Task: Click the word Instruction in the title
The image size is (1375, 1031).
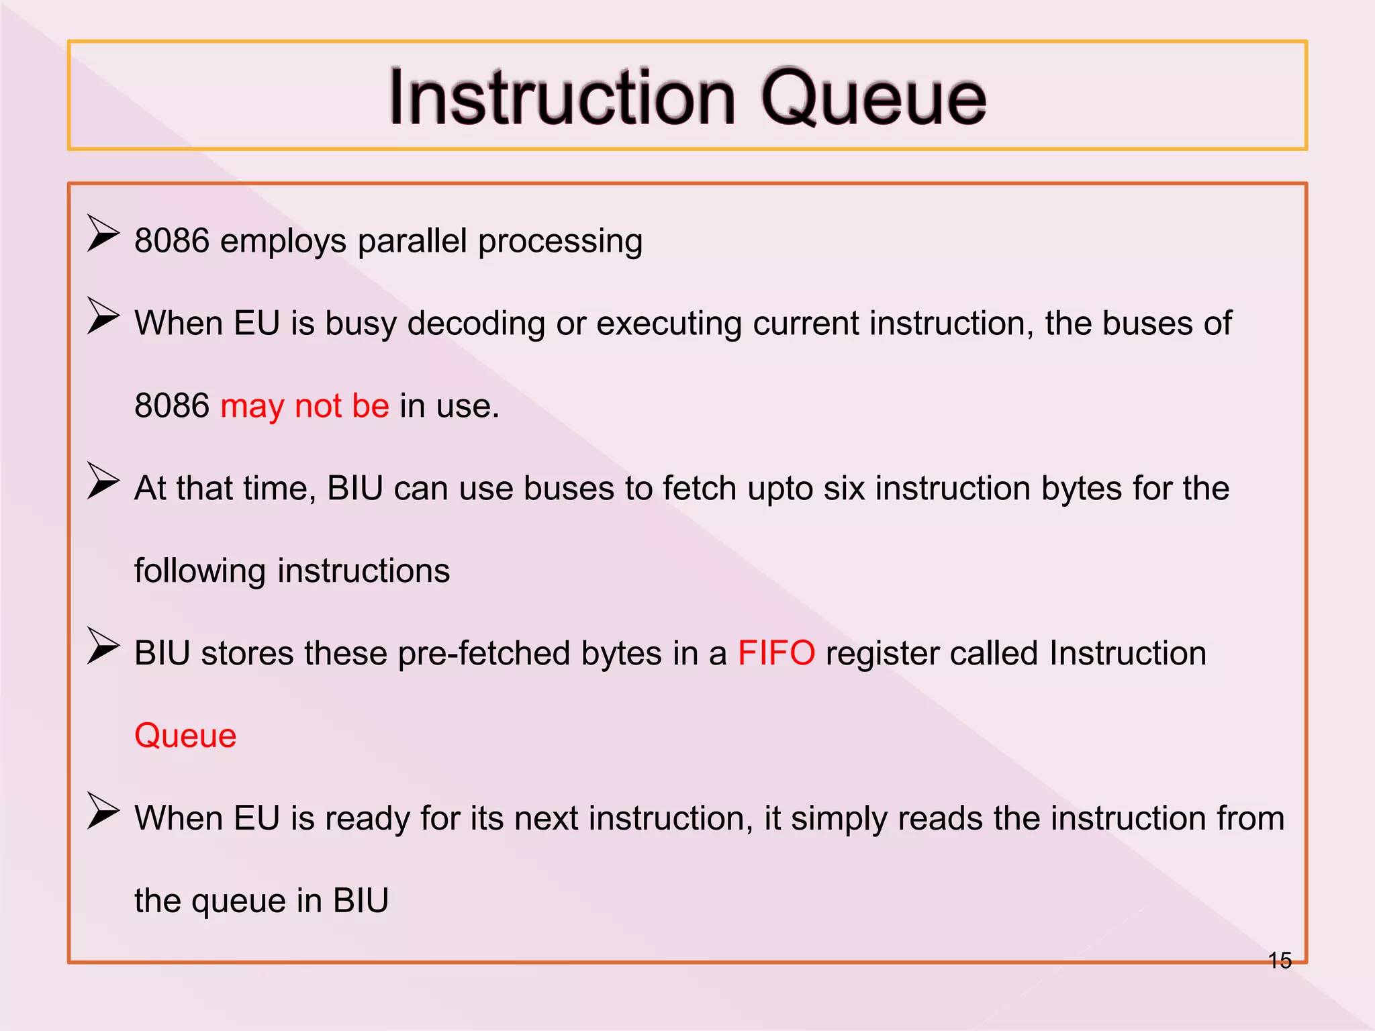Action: (563, 98)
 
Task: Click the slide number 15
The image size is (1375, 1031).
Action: (1280, 961)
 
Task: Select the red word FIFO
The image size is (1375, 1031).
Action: (776, 653)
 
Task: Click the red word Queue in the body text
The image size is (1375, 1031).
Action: (185, 736)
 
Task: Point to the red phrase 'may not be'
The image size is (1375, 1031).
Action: (305, 406)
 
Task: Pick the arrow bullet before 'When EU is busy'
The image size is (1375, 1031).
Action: (103, 316)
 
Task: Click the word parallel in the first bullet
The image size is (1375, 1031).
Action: (412, 241)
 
